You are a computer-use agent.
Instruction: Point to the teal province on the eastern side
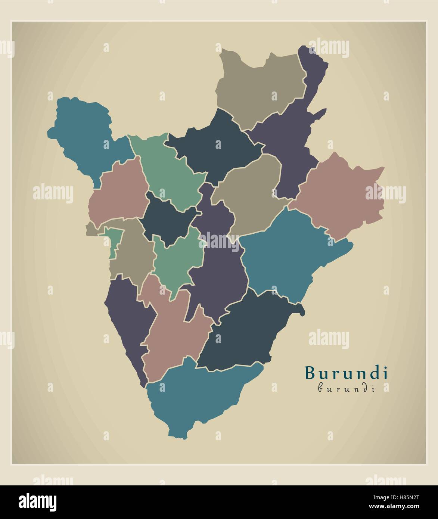[x=284, y=254]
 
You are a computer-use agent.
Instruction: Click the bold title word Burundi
[x=346, y=373]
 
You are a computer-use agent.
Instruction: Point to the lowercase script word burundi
[x=346, y=389]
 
